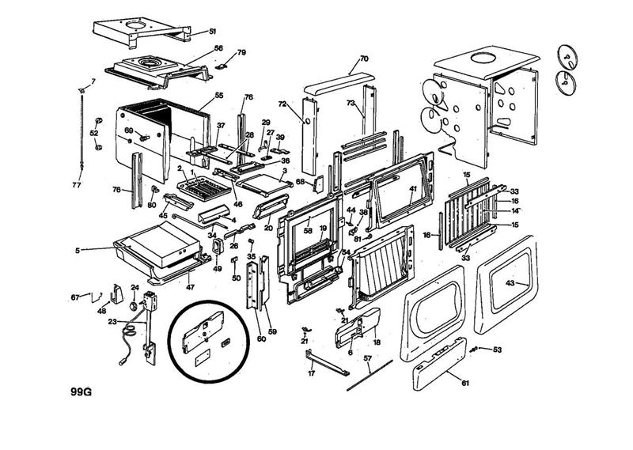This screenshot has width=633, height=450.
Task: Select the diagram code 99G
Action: tap(81, 391)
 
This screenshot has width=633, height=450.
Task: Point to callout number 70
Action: tap(364, 59)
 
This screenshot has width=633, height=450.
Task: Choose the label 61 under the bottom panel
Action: tap(464, 382)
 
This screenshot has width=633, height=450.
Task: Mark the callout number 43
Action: tap(510, 283)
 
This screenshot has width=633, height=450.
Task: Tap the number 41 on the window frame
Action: tap(412, 189)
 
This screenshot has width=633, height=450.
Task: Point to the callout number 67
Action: tap(75, 297)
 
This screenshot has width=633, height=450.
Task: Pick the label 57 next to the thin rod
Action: tap(367, 358)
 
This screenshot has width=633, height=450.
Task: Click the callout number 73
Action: tap(351, 104)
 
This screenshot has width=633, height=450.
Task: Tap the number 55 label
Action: tap(219, 96)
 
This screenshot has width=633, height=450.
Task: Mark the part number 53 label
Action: tap(497, 349)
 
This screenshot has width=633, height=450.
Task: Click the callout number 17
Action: tap(311, 373)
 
